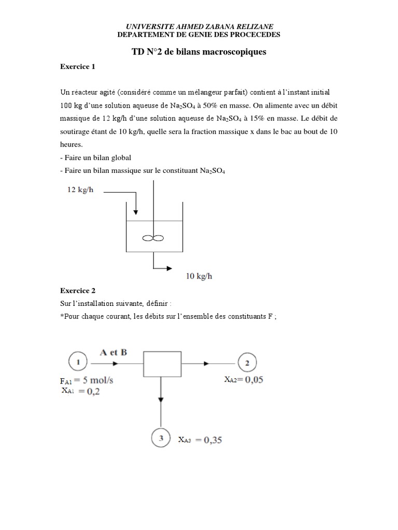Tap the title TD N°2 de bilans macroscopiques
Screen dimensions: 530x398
[x=199, y=52]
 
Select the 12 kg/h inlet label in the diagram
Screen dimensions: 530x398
[x=80, y=190]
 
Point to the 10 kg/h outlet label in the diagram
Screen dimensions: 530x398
[x=199, y=276]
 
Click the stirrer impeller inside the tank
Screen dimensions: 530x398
[x=152, y=238]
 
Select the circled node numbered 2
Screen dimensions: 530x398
[x=247, y=362]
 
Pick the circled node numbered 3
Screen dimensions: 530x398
[x=161, y=439]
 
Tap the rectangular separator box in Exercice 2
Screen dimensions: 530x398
[x=162, y=363]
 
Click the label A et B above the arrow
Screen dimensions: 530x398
[x=113, y=352]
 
